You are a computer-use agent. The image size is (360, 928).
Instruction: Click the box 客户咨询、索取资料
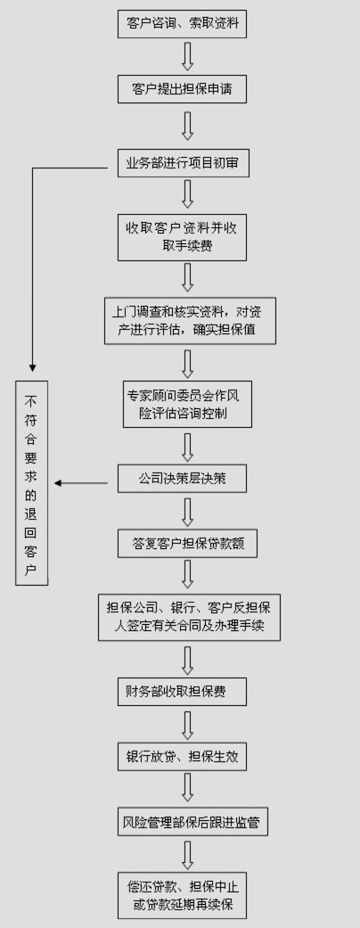(x=182, y=24)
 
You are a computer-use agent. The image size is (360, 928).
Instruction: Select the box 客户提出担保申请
(x=182, y=89)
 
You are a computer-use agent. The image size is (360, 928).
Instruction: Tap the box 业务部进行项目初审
(x=184, y=163)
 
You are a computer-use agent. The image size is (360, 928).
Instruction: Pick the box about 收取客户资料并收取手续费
(x=182, y=237)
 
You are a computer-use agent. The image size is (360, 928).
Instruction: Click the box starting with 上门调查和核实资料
(x=191, y=320)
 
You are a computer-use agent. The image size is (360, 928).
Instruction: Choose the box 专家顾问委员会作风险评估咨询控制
(x=187, y=404)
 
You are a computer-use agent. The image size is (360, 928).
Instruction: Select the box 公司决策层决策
(x=182, y=478)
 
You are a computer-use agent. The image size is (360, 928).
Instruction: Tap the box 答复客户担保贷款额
(x=187, y=543)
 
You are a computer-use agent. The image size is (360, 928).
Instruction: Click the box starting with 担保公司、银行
(x=189, y=617)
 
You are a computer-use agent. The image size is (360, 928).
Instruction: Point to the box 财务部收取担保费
(x=182, y=691)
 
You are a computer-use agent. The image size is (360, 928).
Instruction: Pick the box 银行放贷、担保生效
(x=182, y=756)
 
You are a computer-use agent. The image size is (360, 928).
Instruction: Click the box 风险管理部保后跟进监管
(x=192, y=821)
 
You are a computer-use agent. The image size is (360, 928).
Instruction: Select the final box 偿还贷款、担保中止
(x=182, y=895)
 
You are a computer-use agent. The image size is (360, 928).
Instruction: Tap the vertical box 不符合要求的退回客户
(x=32, y=483)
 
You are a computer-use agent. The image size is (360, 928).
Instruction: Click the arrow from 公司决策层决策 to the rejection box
(x=81, y=483)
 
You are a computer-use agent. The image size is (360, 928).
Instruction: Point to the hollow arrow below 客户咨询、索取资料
(x=187, y=56)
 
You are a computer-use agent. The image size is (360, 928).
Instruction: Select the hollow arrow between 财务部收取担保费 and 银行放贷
(x=187, y=724)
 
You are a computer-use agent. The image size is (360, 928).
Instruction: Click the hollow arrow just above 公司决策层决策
(x=187, y=447)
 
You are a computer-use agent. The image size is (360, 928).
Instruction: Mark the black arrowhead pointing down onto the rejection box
(x=32, y=368)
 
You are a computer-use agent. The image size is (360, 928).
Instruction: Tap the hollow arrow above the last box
(x=187, y=854)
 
